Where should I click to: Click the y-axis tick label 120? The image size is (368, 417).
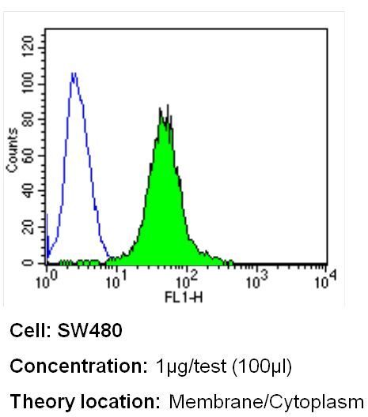click(x=28, y=47)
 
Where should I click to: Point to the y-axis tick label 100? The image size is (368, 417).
click(x=28, y=82)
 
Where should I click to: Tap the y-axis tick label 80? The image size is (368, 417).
click(x=28, y=119)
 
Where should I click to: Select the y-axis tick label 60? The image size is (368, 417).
click(x=28, y=155)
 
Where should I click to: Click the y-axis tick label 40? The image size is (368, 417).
click(x=28, y=191)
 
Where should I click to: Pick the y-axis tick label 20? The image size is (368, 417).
click(x=28, y=227)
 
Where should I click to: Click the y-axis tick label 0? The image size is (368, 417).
click(x=28, y=263)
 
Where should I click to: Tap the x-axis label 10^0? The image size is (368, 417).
click(x=47, y=280)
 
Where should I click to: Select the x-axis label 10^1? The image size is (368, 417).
click(x=116, y=280)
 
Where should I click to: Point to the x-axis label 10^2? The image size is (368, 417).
click(x=187, y=280)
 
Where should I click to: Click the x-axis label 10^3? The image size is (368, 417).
click(x=257, y=280)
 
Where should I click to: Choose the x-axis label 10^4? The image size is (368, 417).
click(x=325, y=280)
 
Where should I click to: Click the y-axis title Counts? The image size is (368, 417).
click(x=12, y=150)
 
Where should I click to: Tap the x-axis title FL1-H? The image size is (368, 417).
click(x=184, y=297)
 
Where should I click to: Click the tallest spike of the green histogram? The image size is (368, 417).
click(x=168, y=105)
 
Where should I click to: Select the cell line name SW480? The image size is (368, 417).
click(x=89, y=331)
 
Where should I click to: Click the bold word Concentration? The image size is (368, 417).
click(x=78, y=366)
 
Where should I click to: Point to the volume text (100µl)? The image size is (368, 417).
click(x=262, y=367)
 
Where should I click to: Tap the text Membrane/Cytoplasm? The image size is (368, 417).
click(x=266, y=402)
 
